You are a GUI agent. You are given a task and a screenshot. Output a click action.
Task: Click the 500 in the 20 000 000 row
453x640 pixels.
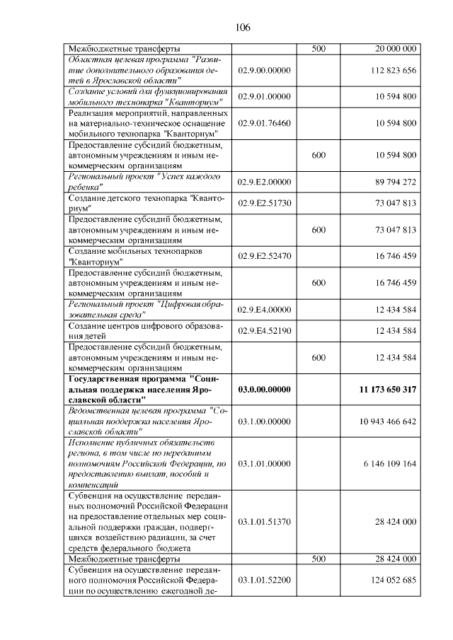[318, 49]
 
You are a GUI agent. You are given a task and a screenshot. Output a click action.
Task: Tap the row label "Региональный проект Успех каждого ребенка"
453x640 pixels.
[144, 182]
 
